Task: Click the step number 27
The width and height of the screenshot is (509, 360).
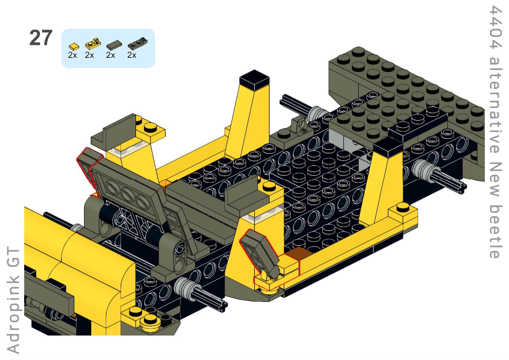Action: click(41, 38)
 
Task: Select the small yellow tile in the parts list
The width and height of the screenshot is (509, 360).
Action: click(74, 47)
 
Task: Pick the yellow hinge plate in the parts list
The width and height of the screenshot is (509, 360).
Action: click(93, 44)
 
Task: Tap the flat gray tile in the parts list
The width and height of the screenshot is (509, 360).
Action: click(114, 45)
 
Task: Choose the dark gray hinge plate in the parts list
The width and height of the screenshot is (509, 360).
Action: click(138, 43)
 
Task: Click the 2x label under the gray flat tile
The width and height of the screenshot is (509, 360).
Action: click(110, 55)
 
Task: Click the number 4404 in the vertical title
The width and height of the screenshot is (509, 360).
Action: click(495, 28)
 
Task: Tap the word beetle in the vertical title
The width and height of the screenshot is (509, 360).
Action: click(495, 232)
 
